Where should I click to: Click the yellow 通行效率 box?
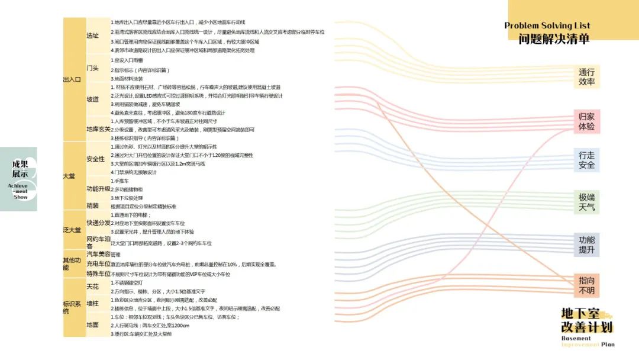click(x=586, y=77)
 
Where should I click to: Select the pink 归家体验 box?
click(x=586, y=121)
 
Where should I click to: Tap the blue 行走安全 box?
click(x=586, y=160)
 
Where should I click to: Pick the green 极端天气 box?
click(x=586, y=202)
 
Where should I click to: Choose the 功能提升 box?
click(x=586, y=245)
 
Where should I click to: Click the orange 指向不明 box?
click(x=586, y=285)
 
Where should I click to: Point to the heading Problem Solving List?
click(x=547, y=25)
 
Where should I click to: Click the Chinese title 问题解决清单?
click(x=554, y=39)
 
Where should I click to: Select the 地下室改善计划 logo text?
click(x=587, y=320)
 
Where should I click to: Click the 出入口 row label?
click(x=72, y=79)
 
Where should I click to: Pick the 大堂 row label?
click(x=69, y=176)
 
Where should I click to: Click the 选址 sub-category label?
click(x=93, y=36)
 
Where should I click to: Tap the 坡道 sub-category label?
click(x=93, y=99)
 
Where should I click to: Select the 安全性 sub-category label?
click(x=96, y=159)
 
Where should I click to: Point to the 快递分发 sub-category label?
click(x=98, y=223)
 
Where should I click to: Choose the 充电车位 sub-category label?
click(x=98, y=264)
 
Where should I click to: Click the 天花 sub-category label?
click(x=93, y=287)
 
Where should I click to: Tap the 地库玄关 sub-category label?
click(x=98, y=129)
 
